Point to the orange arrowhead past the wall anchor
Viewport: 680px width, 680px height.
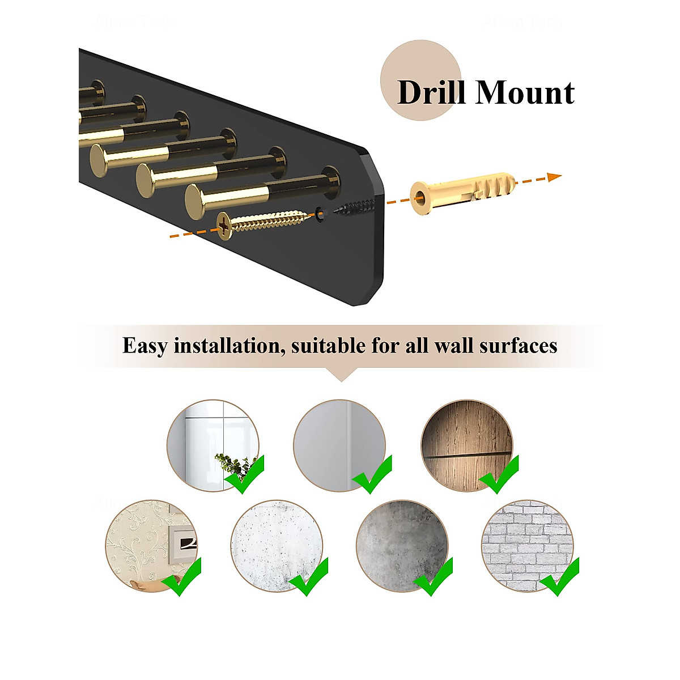pos(554,177)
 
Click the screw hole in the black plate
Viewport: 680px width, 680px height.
pos(321,214)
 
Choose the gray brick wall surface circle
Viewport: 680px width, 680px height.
pos(527,545)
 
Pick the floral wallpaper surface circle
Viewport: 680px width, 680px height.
pos(151,545)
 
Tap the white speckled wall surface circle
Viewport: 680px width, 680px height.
pos(277,545)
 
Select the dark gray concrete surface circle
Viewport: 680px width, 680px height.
pos(402,545)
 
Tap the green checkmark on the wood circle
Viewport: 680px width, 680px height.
pos(499,474)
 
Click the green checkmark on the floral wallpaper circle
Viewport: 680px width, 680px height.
pos(182,577)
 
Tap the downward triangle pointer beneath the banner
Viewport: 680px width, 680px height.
pos(341,375)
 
